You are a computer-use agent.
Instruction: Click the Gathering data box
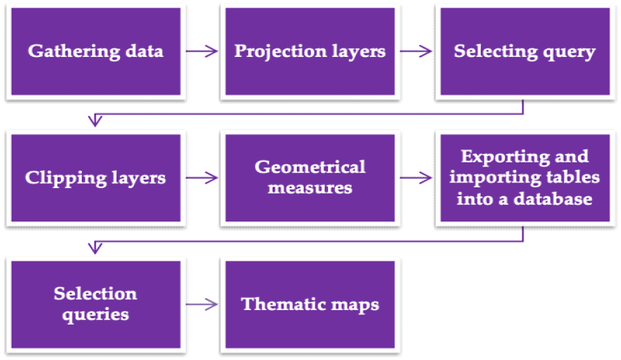[x=96, y=51]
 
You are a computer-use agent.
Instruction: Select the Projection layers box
[x=309, y=51]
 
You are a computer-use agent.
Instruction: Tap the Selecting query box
[x=524, y=51]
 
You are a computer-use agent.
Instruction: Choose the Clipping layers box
[x=96, y=178]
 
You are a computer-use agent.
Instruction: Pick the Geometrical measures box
[x=309, y=178]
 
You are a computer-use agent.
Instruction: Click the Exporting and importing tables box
[x=524, y=178]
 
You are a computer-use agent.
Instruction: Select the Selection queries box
[x=96, y=304]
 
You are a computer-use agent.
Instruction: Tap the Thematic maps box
[x=309, y=304]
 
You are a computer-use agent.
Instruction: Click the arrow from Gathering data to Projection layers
[x=202, y=51]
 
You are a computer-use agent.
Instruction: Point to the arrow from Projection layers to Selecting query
[x=416, y=51]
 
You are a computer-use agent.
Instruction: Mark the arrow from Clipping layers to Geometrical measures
[x=202, y=178]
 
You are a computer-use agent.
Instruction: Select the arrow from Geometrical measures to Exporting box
[x=416, y=178]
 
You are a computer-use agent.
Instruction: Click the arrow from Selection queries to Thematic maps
[x=202, y=305]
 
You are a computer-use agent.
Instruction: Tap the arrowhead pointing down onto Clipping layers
[x=96, y=121]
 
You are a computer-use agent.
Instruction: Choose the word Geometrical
[x=309, y=167]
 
